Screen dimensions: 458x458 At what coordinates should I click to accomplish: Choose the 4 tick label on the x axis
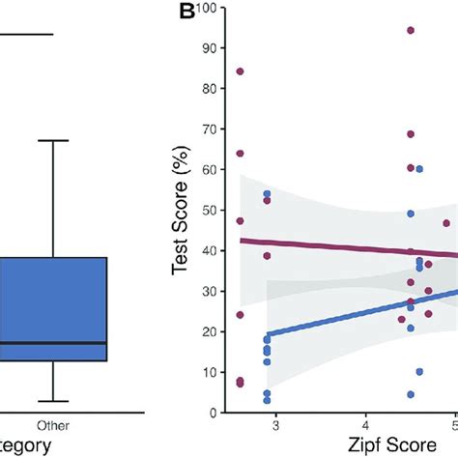point(365,426)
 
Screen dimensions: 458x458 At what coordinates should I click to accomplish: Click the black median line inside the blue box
point(53,343)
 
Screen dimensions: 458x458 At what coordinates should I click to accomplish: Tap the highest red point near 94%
point(411,30)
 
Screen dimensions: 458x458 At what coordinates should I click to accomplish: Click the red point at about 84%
point(240,72)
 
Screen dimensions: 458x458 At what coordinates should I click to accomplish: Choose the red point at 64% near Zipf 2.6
point(240,153)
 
